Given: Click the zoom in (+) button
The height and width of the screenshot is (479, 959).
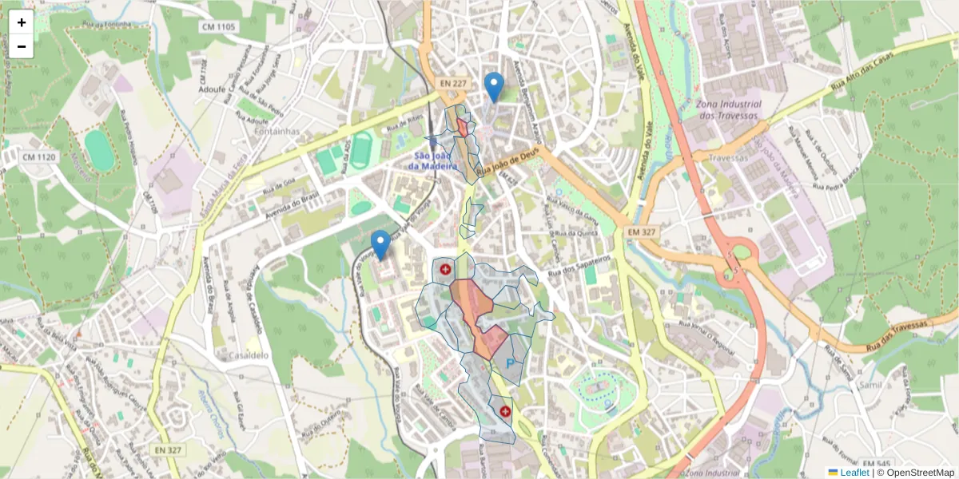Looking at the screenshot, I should pyautogui.click(x=22, y=22).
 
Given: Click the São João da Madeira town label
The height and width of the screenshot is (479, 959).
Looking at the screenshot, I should pyautogui.click(x=432, y=160).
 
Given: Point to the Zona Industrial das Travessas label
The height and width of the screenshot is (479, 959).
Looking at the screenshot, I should pyautogui.click(x=727, y=109).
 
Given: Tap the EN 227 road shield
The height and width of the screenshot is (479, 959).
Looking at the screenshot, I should pyautogui.click(x=452, y=83).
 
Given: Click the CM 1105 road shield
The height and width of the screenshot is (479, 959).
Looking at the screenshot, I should pyautogui.click(x=219, y=27).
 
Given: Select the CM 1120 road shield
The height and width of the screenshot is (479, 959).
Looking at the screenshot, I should pyautogui.click(x=39, y=157).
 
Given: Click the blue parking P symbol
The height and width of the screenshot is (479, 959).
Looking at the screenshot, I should pyautogui.click(x=509, y=364).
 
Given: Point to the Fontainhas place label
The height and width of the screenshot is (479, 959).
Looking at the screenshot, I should pyautogui.click(x=277, y=131).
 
